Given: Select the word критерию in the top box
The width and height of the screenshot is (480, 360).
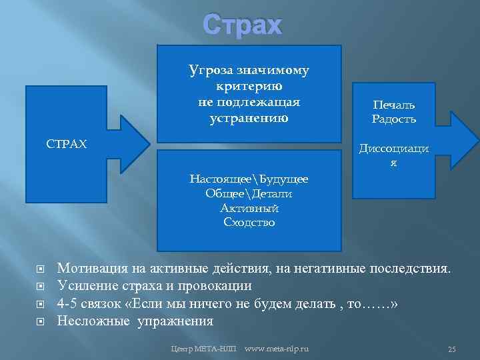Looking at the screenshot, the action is coord(249,87).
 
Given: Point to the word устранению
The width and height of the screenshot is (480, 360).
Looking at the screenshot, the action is coord(249,119).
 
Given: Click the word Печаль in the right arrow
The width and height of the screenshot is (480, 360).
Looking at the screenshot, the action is coord(393,105).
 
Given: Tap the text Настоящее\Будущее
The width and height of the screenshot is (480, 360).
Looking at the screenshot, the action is coord(249,179).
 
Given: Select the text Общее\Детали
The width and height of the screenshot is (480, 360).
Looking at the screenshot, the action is coord(249,193).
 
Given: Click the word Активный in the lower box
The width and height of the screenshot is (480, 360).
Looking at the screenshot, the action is coord(249,208).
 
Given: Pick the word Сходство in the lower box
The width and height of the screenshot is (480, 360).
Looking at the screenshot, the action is coord(249,223).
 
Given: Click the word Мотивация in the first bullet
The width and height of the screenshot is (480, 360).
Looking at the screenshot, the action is coord(91,269).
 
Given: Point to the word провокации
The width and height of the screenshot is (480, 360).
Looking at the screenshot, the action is coord(217,287).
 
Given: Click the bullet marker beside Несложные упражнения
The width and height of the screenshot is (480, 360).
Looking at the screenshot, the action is coord(39,321).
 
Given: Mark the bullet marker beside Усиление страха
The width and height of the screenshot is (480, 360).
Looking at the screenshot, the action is coord(39,287).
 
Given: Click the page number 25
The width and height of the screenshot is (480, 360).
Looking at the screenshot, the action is coord(451,349).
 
